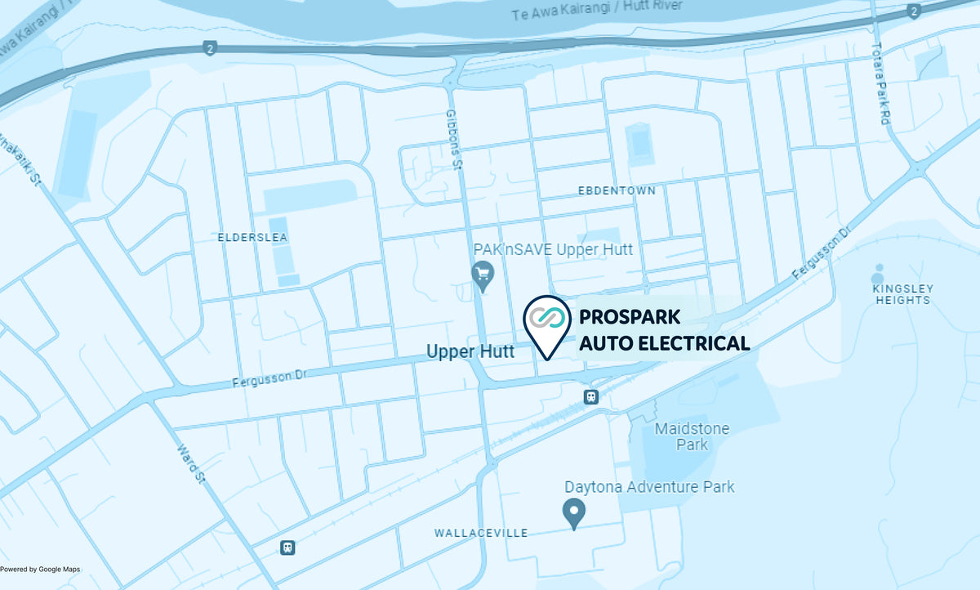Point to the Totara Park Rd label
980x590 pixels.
click(880, 83)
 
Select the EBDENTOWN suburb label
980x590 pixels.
click(616, 190)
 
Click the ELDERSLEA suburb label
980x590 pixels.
click(253, 237)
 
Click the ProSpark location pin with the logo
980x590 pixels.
click(546, 322)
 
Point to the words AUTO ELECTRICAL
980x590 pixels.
click(664, 343)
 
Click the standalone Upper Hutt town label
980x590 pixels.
click(470, 351)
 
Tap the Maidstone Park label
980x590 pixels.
click(692, 436)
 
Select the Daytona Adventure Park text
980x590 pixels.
click(649, 487)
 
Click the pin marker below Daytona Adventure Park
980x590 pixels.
click(574, 512)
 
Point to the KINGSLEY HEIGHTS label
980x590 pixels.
click(902, 294)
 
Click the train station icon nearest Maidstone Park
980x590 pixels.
click(591, 397)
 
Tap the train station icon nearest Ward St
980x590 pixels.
click(287, 547)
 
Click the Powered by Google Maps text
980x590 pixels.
click(40, 570)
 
